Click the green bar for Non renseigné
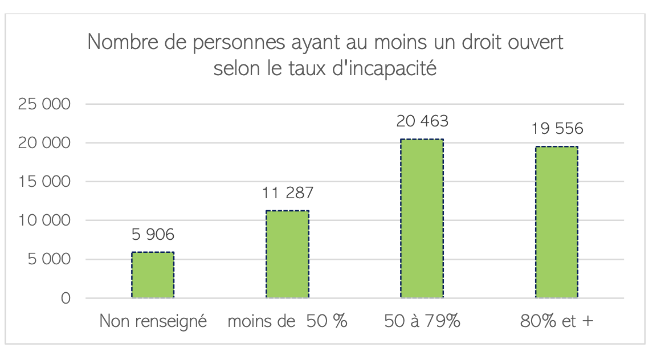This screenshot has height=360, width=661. pyautogui.click(x=153, y=275)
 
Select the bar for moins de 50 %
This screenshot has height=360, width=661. pyautogui.click(x=287, y=254)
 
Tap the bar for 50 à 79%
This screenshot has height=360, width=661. pyautogui.click(x=422, y=219)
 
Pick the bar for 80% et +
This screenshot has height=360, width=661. pyautogui.click(x=556, y=222)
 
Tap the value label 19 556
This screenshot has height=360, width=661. pyautogui.click(x=556, y=129)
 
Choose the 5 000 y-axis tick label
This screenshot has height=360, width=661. pyautogui.click(x=49, y=259)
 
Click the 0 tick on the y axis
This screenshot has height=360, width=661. pyautogui.click(x=66, y=298)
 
